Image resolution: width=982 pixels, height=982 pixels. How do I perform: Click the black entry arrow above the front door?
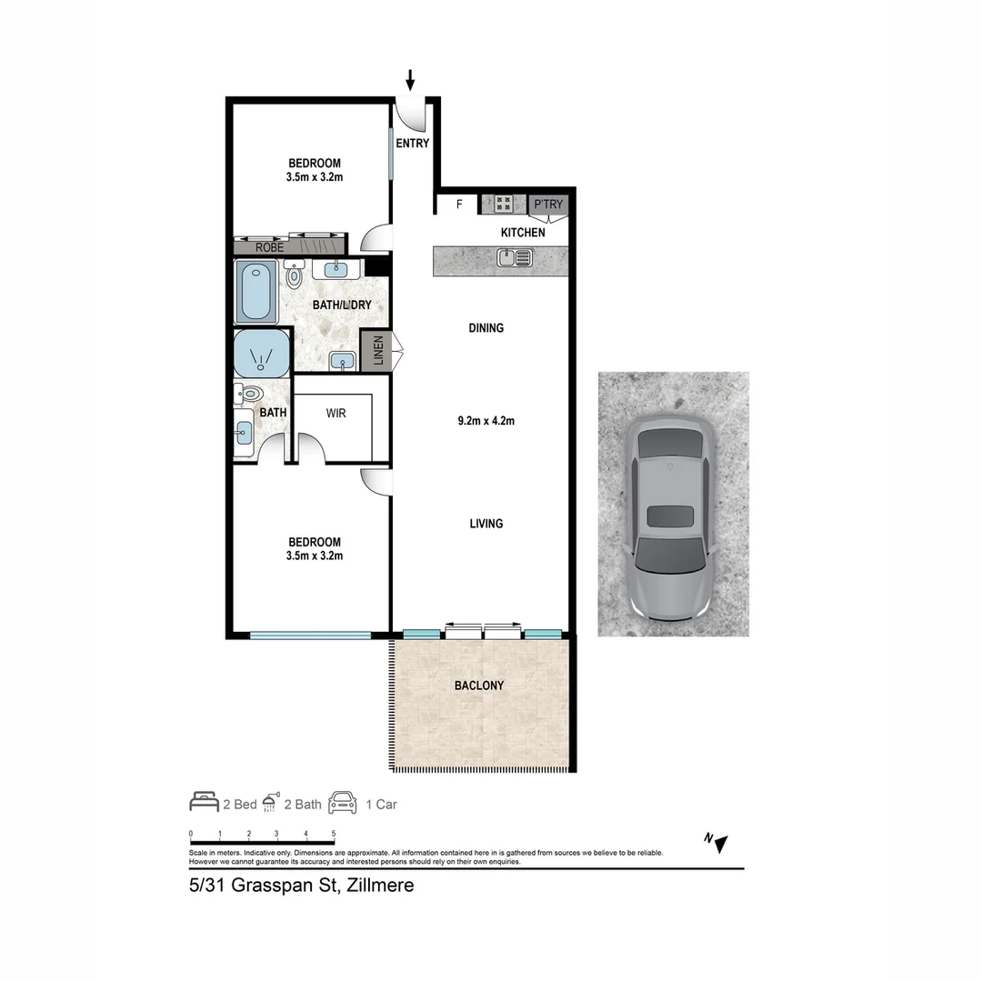[410, 80]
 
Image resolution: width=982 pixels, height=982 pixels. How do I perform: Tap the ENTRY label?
[412, 144]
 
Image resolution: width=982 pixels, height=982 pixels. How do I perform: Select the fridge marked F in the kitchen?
[459, 205]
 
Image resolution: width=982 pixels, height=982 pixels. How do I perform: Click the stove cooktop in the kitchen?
[504, 205]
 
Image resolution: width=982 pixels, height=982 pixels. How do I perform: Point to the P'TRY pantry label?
[548, 205]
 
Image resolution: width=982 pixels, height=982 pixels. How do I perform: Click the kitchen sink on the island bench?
[515, 258]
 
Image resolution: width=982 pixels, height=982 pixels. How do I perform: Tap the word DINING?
[486, 328]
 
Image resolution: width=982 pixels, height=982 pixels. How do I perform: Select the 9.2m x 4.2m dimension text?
[486, 421]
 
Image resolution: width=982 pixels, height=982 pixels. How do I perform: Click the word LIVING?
[486, 524]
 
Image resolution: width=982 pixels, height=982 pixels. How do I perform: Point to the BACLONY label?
[479, 686]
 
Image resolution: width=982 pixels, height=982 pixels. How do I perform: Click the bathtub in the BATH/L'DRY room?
[256, 291]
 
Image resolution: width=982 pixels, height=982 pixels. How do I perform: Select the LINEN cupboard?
[378, 351]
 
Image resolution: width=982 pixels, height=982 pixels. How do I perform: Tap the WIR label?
[336, 413]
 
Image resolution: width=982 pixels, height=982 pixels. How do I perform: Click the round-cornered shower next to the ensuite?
[262, 354]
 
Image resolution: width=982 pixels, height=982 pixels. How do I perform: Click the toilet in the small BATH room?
[249, 394]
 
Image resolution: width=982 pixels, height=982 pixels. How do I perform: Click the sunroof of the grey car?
[670, 516]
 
